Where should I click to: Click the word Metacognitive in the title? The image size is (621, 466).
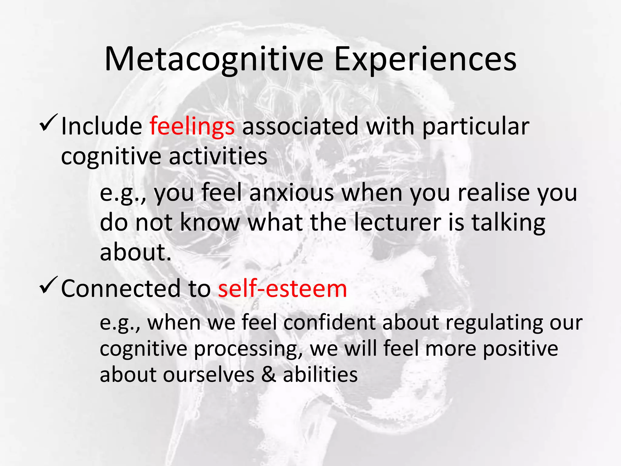214,60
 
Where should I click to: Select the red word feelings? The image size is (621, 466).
192,127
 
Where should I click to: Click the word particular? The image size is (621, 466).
475,127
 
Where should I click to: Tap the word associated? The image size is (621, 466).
300,127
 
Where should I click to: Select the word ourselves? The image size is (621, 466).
209,375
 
